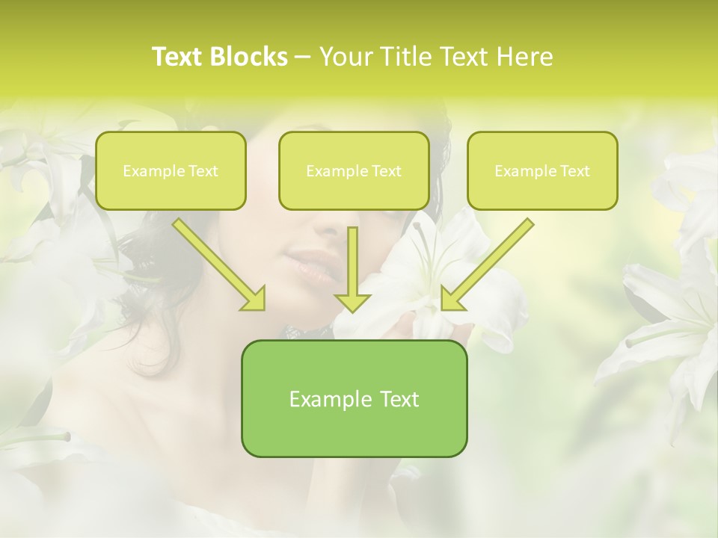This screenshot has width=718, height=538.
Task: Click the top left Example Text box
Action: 171,171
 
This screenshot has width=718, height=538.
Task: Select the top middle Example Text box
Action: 354,171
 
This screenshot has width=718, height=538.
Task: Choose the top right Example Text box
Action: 542,171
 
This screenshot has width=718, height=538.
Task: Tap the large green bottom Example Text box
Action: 354,398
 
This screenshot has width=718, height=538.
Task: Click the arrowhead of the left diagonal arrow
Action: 254,300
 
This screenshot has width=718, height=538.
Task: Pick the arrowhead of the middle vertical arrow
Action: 352,301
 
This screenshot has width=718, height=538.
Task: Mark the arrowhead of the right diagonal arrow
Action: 451,300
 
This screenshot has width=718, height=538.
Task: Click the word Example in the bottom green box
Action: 320,399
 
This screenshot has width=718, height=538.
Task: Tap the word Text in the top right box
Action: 574,171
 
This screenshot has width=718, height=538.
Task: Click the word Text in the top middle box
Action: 386,171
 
